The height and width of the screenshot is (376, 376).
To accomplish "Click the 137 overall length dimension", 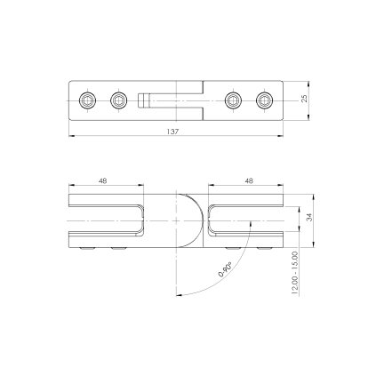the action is tap(172, 132).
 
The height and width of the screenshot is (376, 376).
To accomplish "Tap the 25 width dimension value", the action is tap(304, 99).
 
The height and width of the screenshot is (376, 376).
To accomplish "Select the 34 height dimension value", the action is tap(309, 218).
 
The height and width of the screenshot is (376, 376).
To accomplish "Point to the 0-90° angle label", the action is tap(225, 269).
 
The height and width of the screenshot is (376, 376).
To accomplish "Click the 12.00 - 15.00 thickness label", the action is tap(294, 273).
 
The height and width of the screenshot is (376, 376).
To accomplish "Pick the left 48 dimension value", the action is tap(103, 180).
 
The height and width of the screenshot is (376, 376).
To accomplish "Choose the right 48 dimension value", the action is tap(249, 180).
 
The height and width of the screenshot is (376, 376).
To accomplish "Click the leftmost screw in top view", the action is tap(87, 100).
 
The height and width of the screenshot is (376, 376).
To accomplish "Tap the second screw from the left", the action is tap(118, 100).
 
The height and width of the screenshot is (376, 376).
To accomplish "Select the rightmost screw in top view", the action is tap(264, 100).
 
